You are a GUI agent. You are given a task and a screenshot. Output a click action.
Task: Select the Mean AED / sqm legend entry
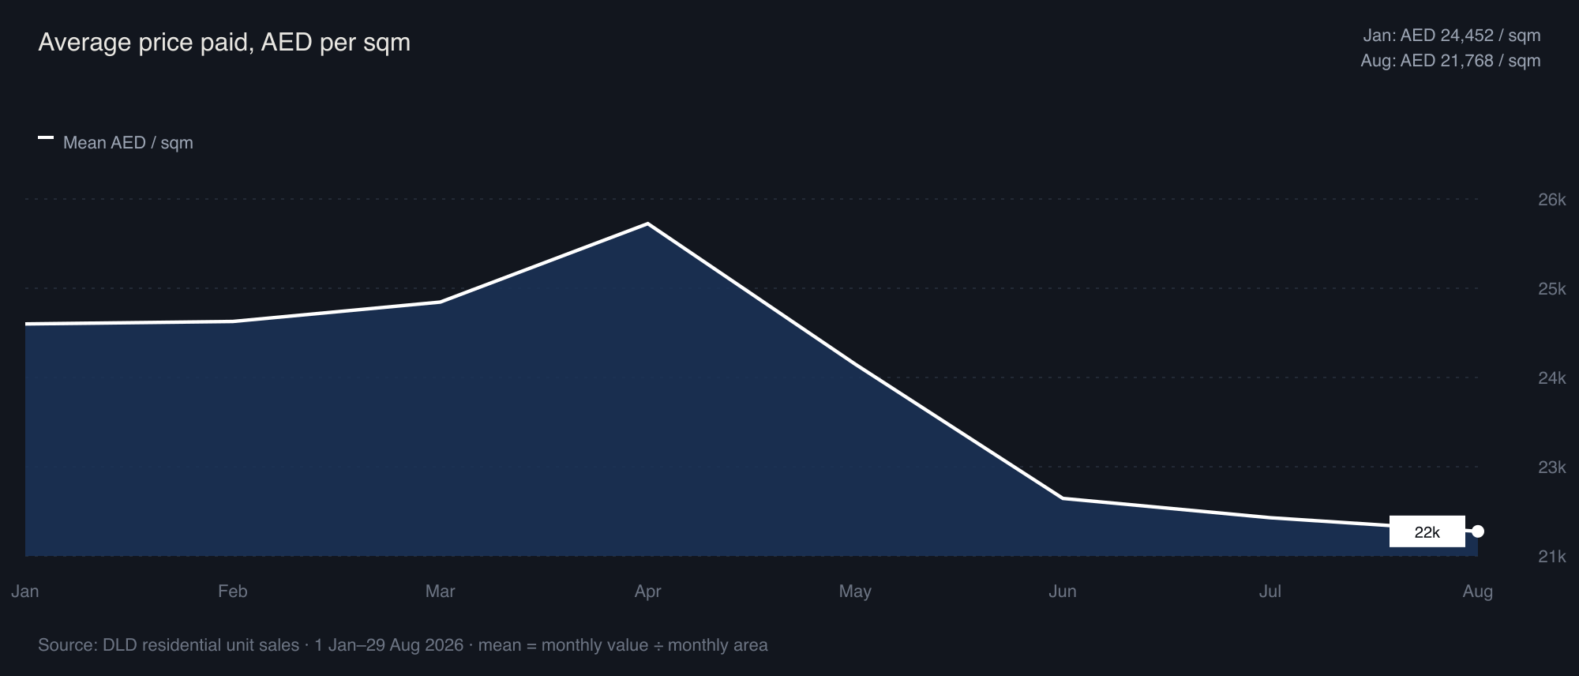pyautogui.click(x=115, y=143)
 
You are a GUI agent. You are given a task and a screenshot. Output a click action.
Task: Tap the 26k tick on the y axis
pyautogui.click(x=1551, y=200)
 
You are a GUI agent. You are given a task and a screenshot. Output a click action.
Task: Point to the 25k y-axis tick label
pyautogui.click(x=1551, y=289)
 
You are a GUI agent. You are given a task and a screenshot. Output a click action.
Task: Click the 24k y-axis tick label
pyautogui.click(x=1551, y=378)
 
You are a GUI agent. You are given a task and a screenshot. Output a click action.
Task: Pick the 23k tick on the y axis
pyautogui.click(x=1551, y=468)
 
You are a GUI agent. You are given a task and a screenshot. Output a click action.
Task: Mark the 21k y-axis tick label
pyautogui.click(x=1551, y=557)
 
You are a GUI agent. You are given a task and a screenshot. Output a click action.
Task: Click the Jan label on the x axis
pyautogui.click(x=25, y=591)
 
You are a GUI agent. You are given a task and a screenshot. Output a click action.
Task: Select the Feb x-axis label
pyautogui.click(x=233, y=591)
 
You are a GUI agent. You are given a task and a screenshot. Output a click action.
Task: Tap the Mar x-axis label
pyautogui.click(x=441, y=591)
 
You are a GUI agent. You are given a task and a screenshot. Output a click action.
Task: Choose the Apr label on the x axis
pyautogui.click(x=648, y=591)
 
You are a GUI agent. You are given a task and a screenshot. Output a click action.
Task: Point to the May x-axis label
pyautogui.click(x=855, y=591)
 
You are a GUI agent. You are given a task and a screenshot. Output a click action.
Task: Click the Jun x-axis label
pyautogui.click(x=1063, y=591)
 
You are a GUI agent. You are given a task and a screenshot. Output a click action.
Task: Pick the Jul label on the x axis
pyautogui.click(x=1270, y=591)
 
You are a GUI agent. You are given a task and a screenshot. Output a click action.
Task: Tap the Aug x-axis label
pyautogui.click(x=1478, y=591)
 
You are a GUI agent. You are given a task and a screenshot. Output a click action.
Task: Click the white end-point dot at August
pyautogui.click(x=1478, y=531)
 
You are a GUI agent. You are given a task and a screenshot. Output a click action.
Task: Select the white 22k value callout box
pyautogui.click(x=1427, y=532)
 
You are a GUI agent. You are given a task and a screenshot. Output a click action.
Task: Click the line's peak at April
pyautogui.click(x=648, y=224)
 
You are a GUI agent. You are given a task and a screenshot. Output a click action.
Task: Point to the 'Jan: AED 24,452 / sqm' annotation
pyautogui.click(x=1452, y=36)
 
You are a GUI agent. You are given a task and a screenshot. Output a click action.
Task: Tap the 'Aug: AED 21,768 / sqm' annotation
pyautogui.click(x=1450, y=61)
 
